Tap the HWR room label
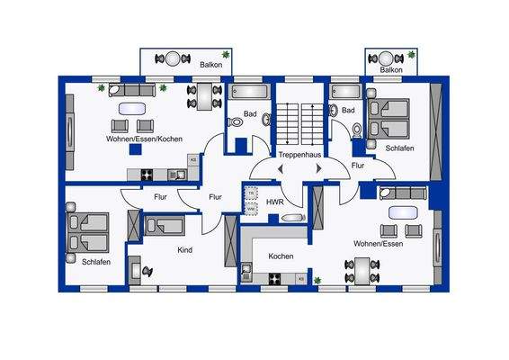tap(274, 202)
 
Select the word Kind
tap(185, 249)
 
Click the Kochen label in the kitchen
tap(281, 256)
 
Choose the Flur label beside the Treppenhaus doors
tap(358, 166)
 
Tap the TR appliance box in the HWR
tap(252, 194)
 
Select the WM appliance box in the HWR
tap(252, 209)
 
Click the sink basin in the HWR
tap(292, 219)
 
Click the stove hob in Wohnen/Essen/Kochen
tap(146, 174)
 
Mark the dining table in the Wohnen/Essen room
tap(363, 268)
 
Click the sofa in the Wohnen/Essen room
tap(400, 192)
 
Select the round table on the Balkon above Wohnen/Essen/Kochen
tap(171, 58)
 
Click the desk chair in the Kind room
tap(147, 268)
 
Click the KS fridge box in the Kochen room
tap(301, 279)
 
